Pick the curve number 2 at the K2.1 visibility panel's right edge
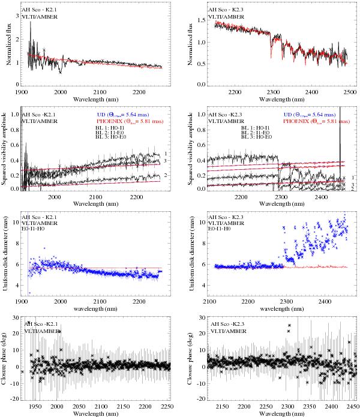[173, 175]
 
